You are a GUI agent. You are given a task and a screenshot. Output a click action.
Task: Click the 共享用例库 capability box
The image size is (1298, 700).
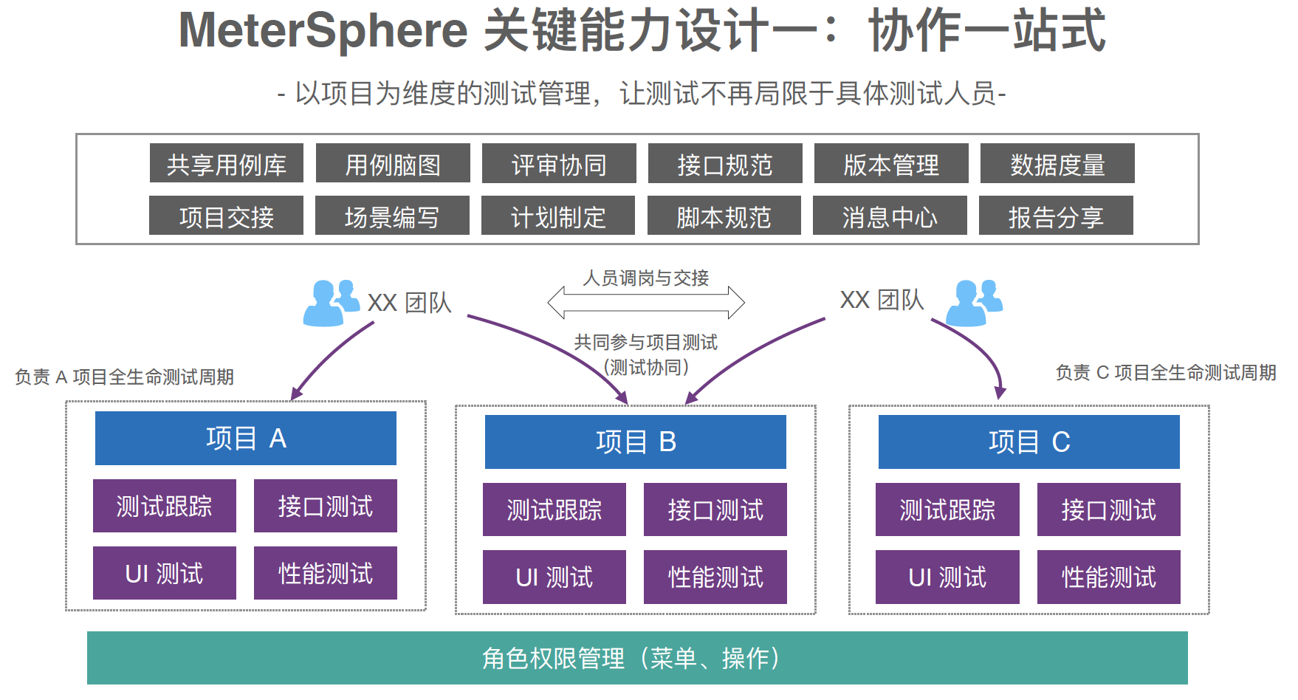(x=226, y=163)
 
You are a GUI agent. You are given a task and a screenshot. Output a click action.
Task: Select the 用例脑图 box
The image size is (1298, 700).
(x=393, y=163)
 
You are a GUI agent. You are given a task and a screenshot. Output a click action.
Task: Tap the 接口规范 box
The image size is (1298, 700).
(x=725, y=163)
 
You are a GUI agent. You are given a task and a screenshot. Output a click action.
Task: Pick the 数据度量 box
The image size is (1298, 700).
(x=1057, y=163)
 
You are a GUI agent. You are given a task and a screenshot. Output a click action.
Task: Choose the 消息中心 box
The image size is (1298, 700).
(x=890, y=216)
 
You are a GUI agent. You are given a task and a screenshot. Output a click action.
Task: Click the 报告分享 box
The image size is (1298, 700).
(x=1056, y=216)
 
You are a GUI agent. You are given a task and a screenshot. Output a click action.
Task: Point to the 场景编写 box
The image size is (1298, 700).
(x=392, y=216)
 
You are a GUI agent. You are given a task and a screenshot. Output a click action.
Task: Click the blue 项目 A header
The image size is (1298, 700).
(x=246, y=439)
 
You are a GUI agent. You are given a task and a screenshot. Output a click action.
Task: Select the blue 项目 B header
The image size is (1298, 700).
(x=636, y=442)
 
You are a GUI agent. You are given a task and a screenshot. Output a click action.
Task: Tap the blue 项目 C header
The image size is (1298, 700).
(x=1029, y=442)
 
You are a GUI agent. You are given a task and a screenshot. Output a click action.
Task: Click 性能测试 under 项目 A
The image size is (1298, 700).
(x=326, y=573)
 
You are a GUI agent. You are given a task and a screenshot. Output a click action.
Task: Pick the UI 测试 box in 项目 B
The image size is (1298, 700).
(x=554, y=577)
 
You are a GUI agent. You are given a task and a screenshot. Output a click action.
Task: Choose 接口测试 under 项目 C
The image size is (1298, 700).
(x=1109, y=509)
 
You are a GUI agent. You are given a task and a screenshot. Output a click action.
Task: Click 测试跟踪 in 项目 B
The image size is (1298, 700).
(x=554, y=509)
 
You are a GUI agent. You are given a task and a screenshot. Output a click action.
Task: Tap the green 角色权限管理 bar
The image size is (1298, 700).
(x=637, y=658)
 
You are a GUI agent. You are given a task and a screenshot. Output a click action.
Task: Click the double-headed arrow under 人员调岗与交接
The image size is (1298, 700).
(x=646, y=302)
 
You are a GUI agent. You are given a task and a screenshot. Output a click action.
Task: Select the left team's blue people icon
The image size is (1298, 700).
(x=330, y=302)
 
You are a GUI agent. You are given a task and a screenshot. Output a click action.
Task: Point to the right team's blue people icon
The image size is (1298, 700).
(x=974, y=302)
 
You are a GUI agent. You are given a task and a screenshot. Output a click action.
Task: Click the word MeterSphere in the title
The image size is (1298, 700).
(x=323, y=31)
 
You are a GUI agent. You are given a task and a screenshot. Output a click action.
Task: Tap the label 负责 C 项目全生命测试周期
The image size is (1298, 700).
(x=1166, y=373)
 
